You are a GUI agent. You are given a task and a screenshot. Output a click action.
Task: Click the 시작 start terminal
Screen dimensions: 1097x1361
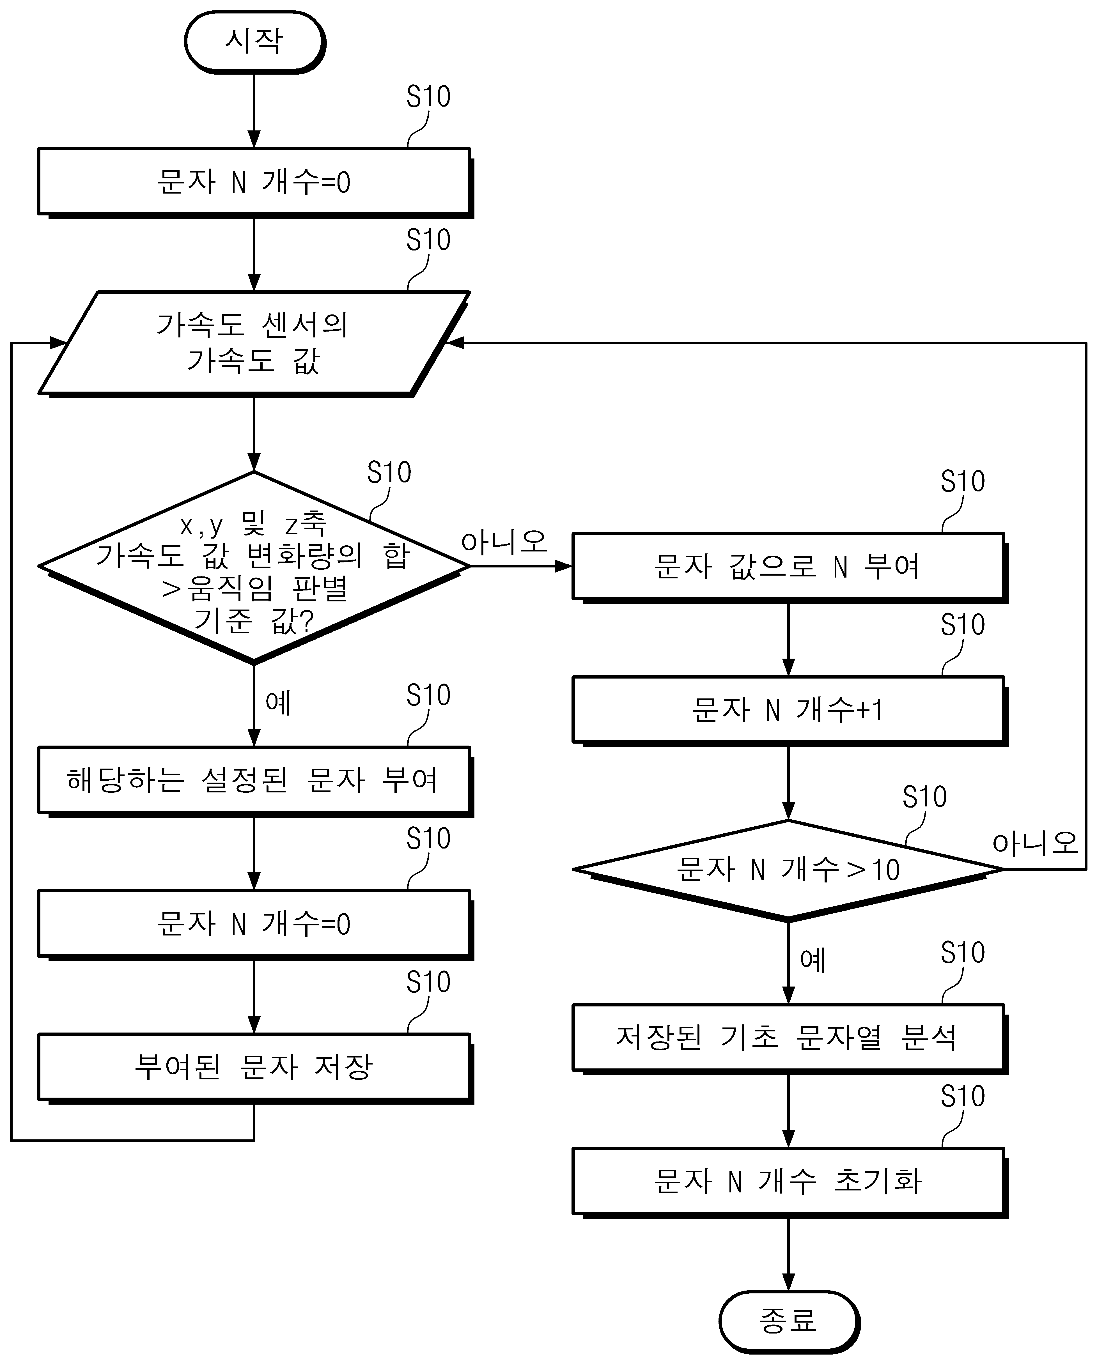pyautogui.click(x=255, y=42)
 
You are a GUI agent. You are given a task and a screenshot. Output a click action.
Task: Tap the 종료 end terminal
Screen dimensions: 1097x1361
pyautogui.click(x=789, y=1321)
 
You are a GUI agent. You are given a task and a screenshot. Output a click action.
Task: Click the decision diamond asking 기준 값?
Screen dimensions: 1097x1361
pyautogui.click(x=254, y=567)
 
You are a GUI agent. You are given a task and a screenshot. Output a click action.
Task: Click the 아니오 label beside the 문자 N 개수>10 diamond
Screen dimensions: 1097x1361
pyautogui.click(x=1035, y=843)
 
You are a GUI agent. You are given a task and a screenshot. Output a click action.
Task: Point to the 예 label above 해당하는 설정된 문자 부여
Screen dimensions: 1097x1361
pyautogui.click(x=278, y=703)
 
